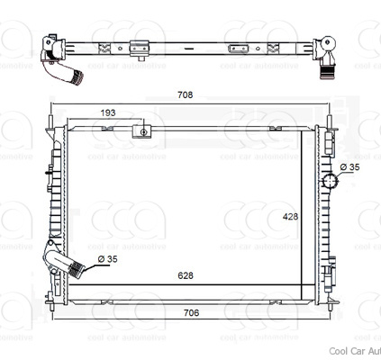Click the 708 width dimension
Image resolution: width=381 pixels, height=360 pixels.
tap(185, 94)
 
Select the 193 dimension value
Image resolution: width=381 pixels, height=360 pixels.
tap(107, 112)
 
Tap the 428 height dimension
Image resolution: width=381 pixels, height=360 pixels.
tap(291, 216)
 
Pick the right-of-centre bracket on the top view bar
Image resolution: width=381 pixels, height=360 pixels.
tap(238, 47)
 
